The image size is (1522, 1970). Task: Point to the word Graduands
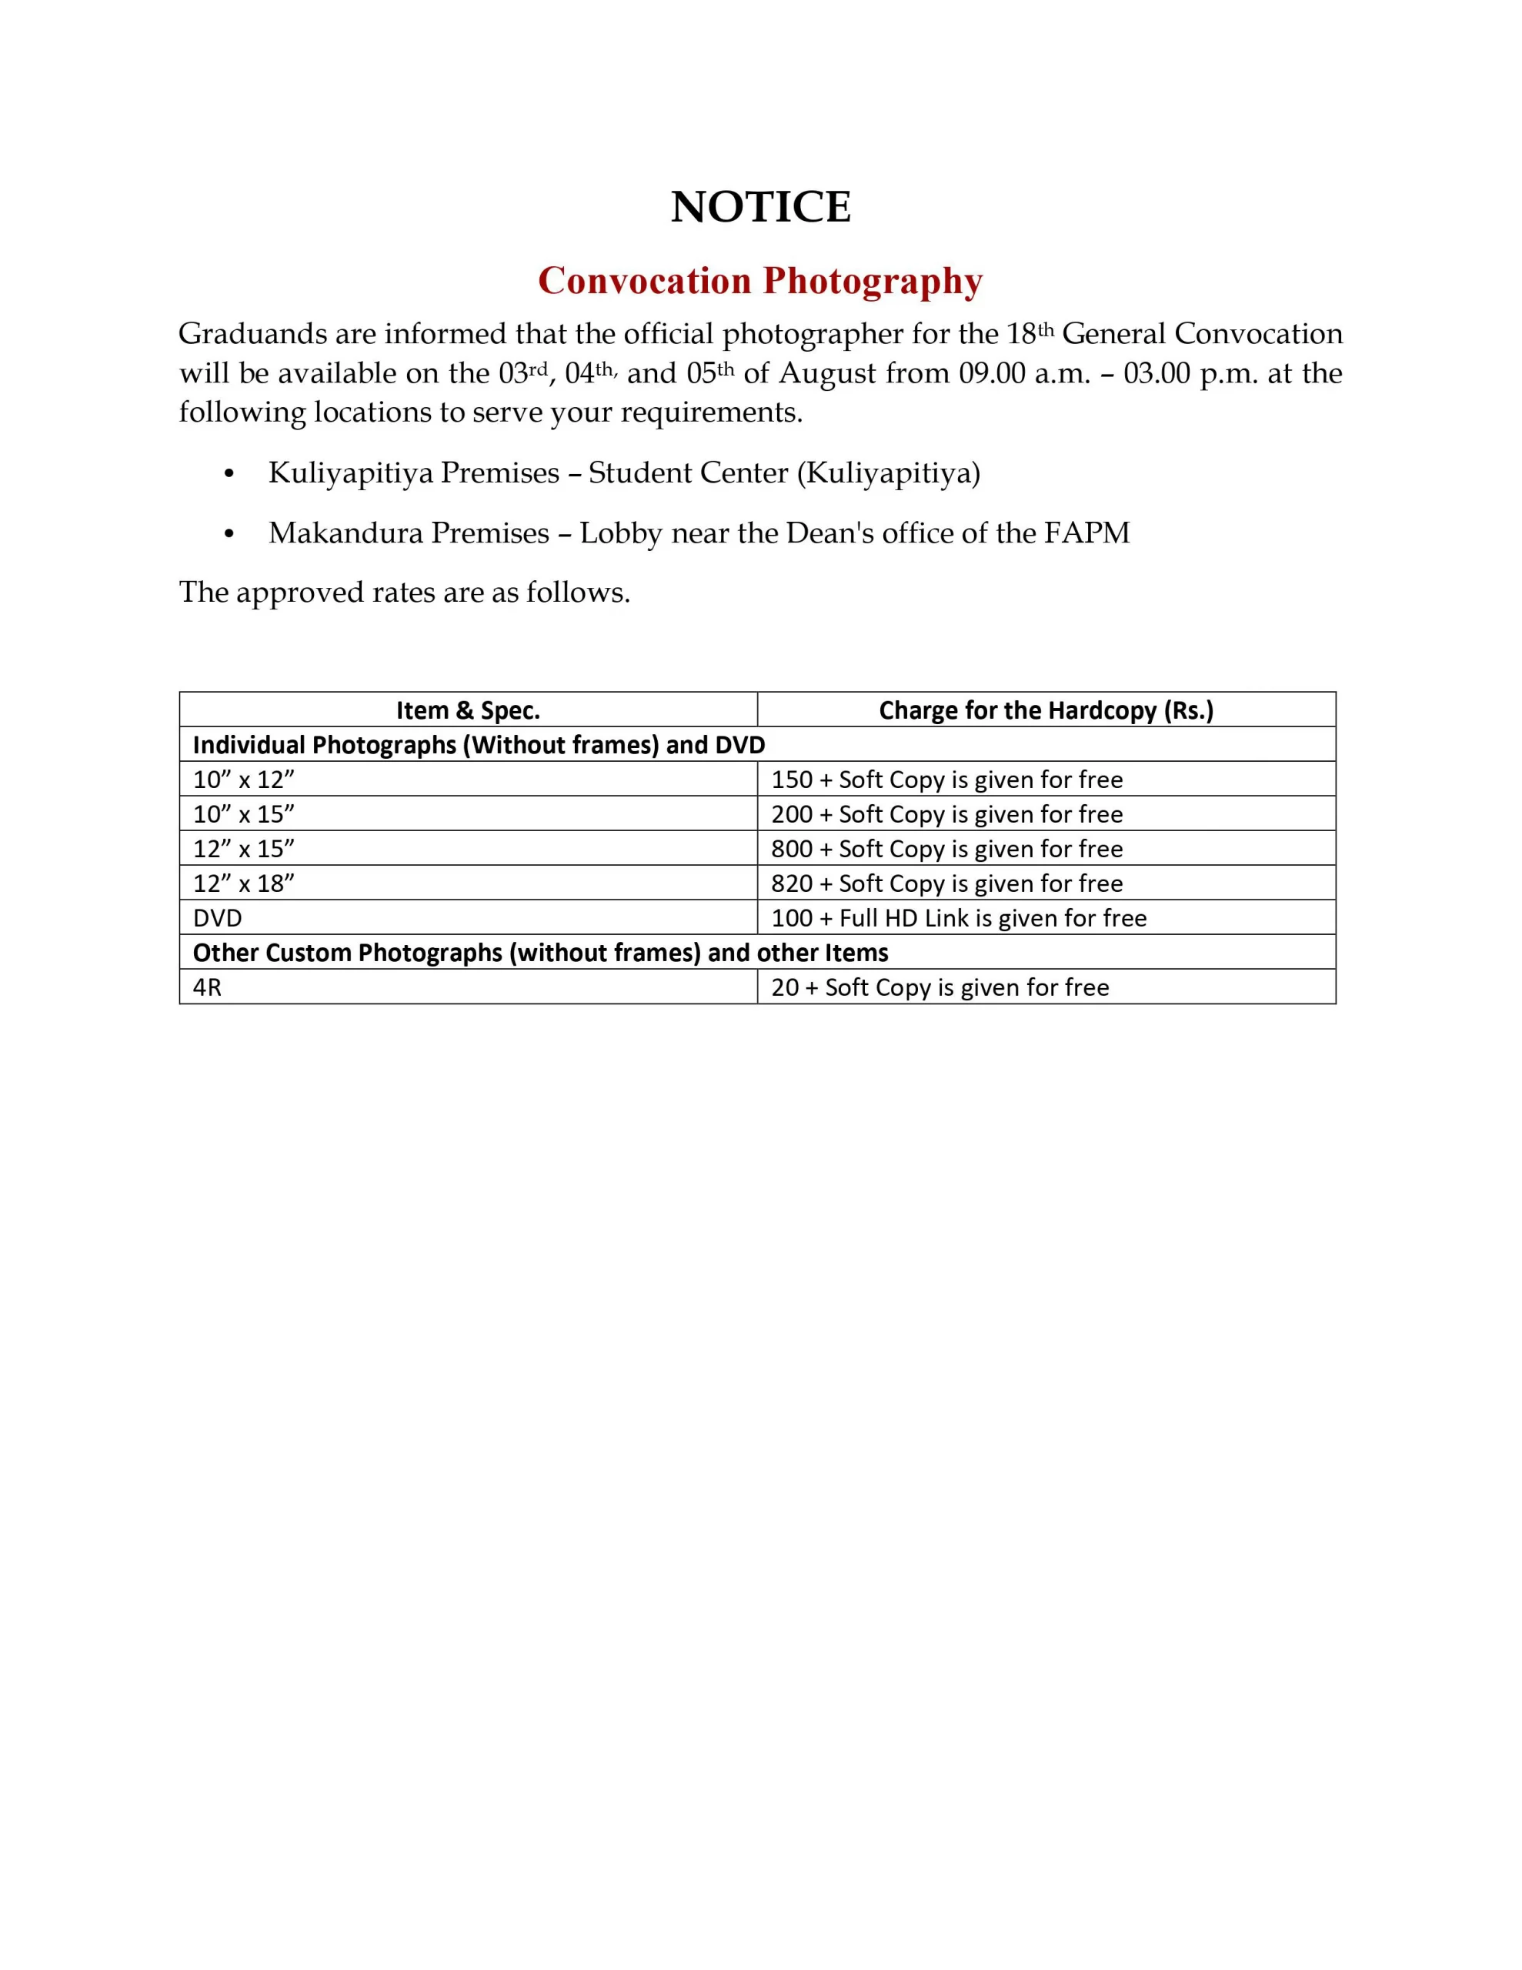tap(252, 335)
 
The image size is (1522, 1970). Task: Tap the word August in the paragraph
tap(827, 373)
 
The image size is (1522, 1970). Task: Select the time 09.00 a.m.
tap(1025, 373)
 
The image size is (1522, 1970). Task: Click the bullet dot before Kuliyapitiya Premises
tap(229, 475)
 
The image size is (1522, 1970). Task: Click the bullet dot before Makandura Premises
tap(229, 535)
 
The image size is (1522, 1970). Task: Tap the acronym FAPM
tap(1086, 533)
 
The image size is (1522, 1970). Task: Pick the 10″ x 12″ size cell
tap(244, 780)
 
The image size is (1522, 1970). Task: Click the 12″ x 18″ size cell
tap(244, 883)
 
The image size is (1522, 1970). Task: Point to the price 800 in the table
tap(791, 849)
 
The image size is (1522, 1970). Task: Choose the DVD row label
tap(218, 918)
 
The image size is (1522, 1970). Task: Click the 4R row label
tap(207, 988)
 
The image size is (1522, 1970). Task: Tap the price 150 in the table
tap(791, 780)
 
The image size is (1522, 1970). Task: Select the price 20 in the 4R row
tap(784, 988)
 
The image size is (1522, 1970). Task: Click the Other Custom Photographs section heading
tap(539, 953)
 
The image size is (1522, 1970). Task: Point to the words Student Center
tap(687, 472)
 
